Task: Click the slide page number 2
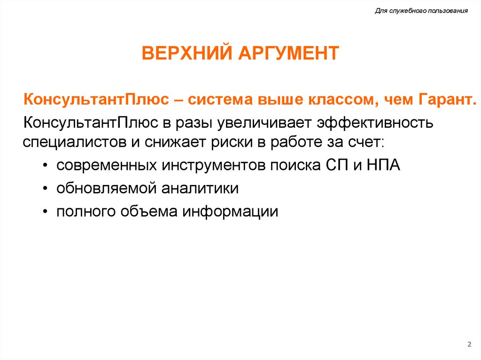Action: pyautogui.click(x=469, y=345)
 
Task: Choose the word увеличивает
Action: pyautogui.click(x=264, y=123)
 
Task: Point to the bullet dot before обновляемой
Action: pyautogui.click(x=44, y=189)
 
